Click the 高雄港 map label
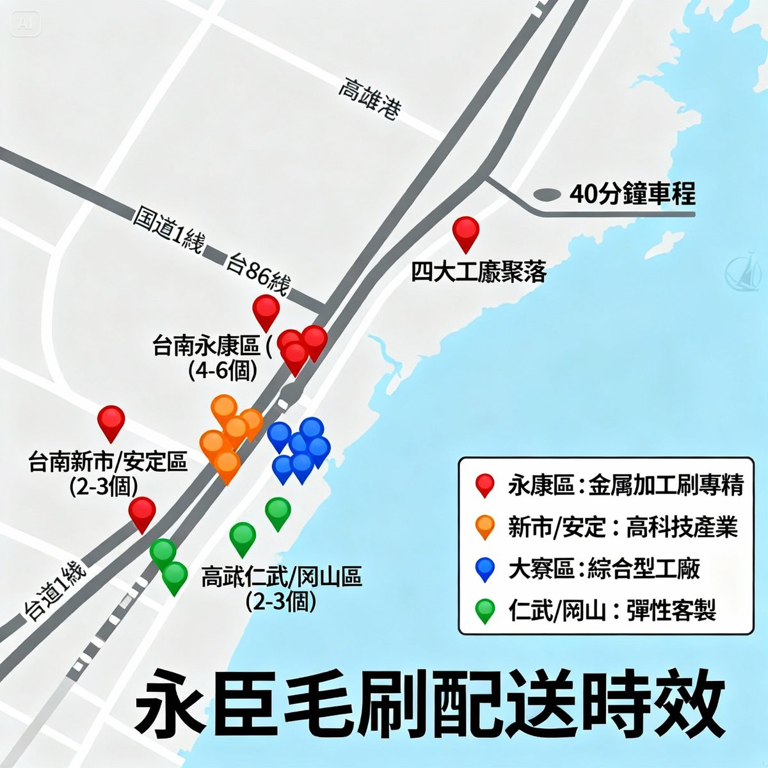pos(370,99)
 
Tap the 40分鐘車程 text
pos(632,193)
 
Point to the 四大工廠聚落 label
pos(478,273)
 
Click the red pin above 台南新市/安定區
pos(111,421)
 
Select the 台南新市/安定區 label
pos(108,461)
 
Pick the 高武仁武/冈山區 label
pos(282,577)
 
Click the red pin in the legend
pos(486,485)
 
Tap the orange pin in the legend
pos(486,526)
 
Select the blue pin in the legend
pos(486,568)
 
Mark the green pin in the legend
pos(486,610)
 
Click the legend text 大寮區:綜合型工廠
pos(604,568)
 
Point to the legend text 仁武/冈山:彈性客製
pos(612,610)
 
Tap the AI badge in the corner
pos(26,24)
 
